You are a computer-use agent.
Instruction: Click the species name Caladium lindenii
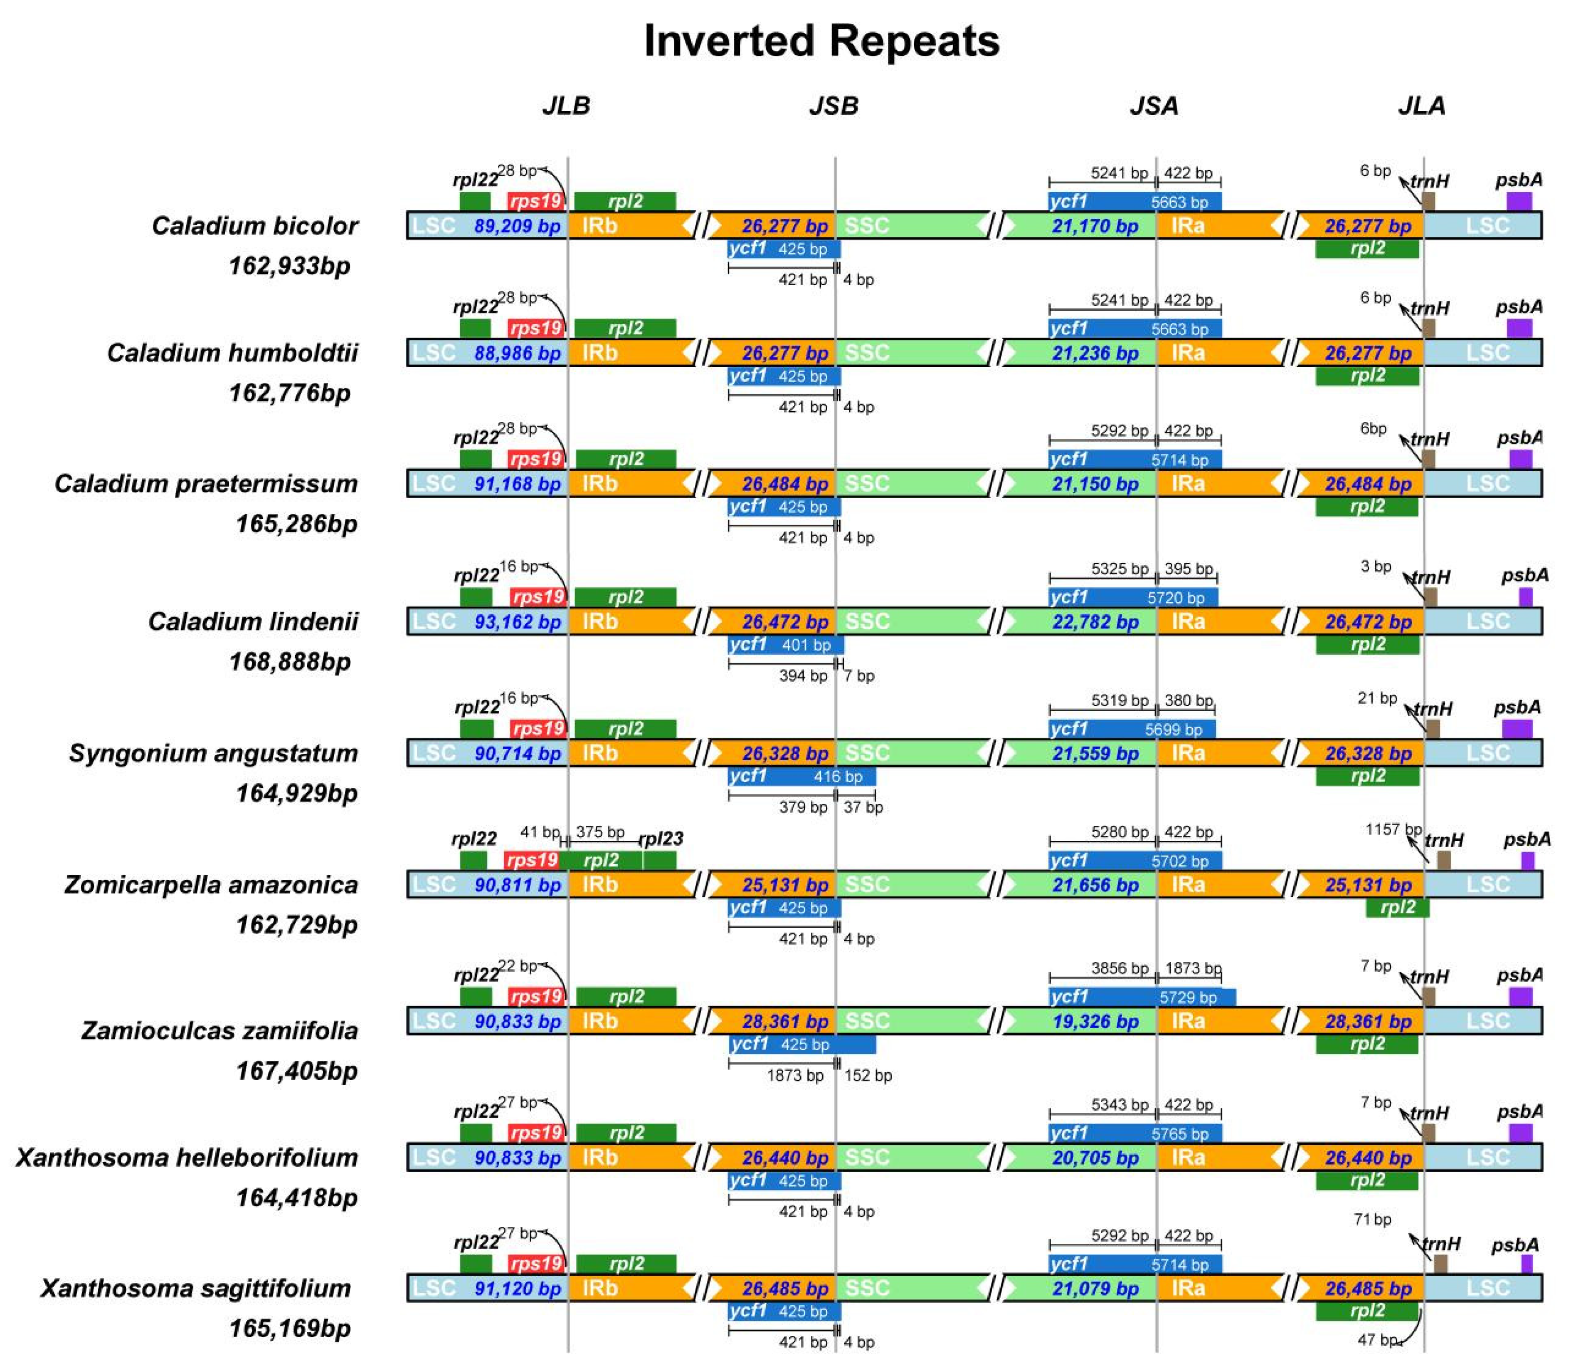(253, 621)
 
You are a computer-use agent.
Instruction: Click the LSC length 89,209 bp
(518, 226)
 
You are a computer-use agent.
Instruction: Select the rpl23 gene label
(660, 839)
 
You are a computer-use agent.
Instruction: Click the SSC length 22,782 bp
(1095, 622)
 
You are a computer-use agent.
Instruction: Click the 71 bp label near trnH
(1372, 1220)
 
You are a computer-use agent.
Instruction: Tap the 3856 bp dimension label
(1119, 969)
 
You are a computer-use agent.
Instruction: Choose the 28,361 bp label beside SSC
(785, 1021)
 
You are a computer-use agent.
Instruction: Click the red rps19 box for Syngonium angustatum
(538, 729)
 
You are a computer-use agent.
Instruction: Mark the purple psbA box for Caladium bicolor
(1519, 202)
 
